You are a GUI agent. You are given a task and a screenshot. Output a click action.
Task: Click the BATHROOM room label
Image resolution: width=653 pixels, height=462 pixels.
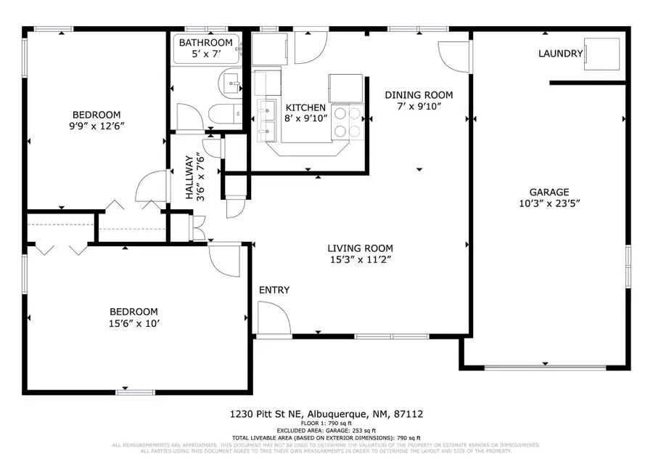(x=206, y=43)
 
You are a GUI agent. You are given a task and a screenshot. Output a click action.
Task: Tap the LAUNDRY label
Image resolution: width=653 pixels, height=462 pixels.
(x=560, y=54)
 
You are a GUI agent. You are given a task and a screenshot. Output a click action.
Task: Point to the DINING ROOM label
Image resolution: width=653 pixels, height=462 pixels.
(x=419, y=95)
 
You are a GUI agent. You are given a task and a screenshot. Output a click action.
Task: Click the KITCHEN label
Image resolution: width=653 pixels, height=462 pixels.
(x=305, y=108)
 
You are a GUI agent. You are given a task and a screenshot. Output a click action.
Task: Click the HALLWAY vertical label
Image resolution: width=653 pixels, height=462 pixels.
(x=190, y=177)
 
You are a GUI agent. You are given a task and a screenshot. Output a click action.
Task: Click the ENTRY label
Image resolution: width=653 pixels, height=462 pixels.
(x=274, y=291)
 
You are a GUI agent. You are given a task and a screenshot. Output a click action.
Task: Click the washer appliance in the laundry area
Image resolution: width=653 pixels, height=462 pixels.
(x=602, y=53)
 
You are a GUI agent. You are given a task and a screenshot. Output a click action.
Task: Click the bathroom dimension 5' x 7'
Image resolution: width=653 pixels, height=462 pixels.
(x=206, y=55)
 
